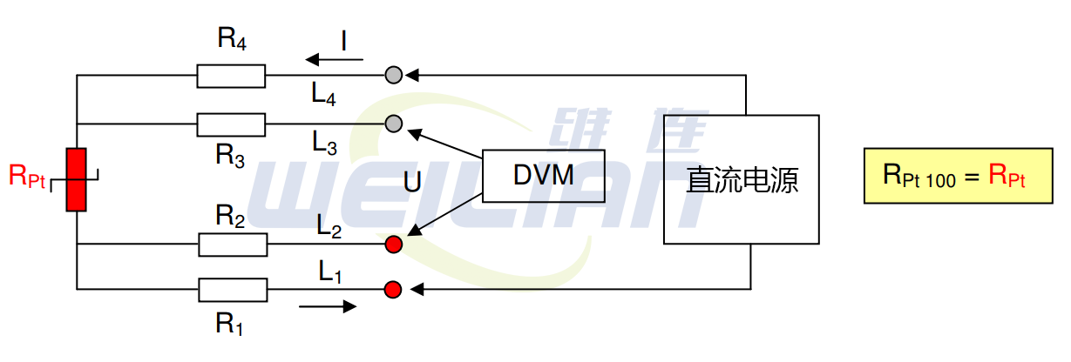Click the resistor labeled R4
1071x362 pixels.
point(231,76)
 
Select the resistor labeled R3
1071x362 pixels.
point(231,124)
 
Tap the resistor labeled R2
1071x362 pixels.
point(233,245)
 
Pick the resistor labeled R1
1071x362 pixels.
point(233,289)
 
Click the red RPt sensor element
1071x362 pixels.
point(77,179)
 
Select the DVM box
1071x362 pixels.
point(544,176)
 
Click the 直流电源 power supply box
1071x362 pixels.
point(741,179)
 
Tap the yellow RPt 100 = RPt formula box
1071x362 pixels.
point(957,176)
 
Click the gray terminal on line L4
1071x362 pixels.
point(394,75)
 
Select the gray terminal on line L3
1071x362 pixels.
point(394,123)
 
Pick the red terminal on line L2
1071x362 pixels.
point(394,245)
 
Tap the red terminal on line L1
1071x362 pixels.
point(394,288)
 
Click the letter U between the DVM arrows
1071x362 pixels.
point(412,183)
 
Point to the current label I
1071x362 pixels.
point(345,41)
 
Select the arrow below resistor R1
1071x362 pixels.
point(327,306)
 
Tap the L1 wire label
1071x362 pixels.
point(330,272)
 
